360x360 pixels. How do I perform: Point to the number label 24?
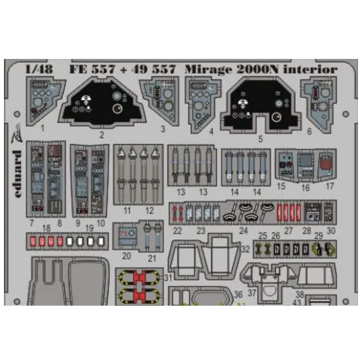(x=243, y=230)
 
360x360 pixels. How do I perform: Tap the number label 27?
(x=288, y=230)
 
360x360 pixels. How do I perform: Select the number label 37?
(x=252, y=293)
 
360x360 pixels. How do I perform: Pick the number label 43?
(x=297, y=302)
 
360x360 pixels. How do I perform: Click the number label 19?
(x=88, y=228)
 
